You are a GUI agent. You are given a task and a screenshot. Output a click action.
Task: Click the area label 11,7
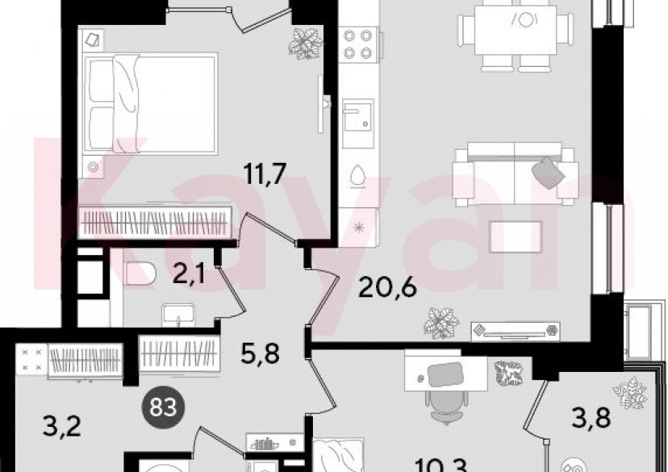point(265,172)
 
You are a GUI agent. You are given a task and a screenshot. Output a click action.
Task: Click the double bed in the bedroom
point(151,103)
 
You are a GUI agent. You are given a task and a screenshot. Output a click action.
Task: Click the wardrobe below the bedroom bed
point(157,220)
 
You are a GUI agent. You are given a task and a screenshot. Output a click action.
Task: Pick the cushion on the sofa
point(546,171)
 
